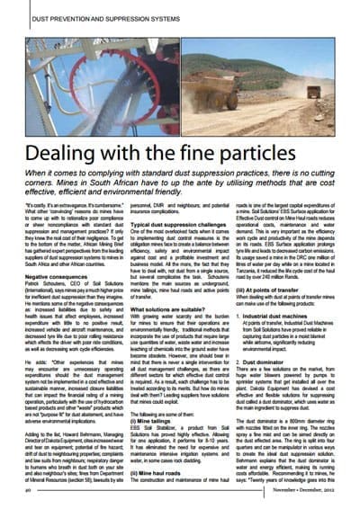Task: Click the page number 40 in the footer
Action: [31, 493]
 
